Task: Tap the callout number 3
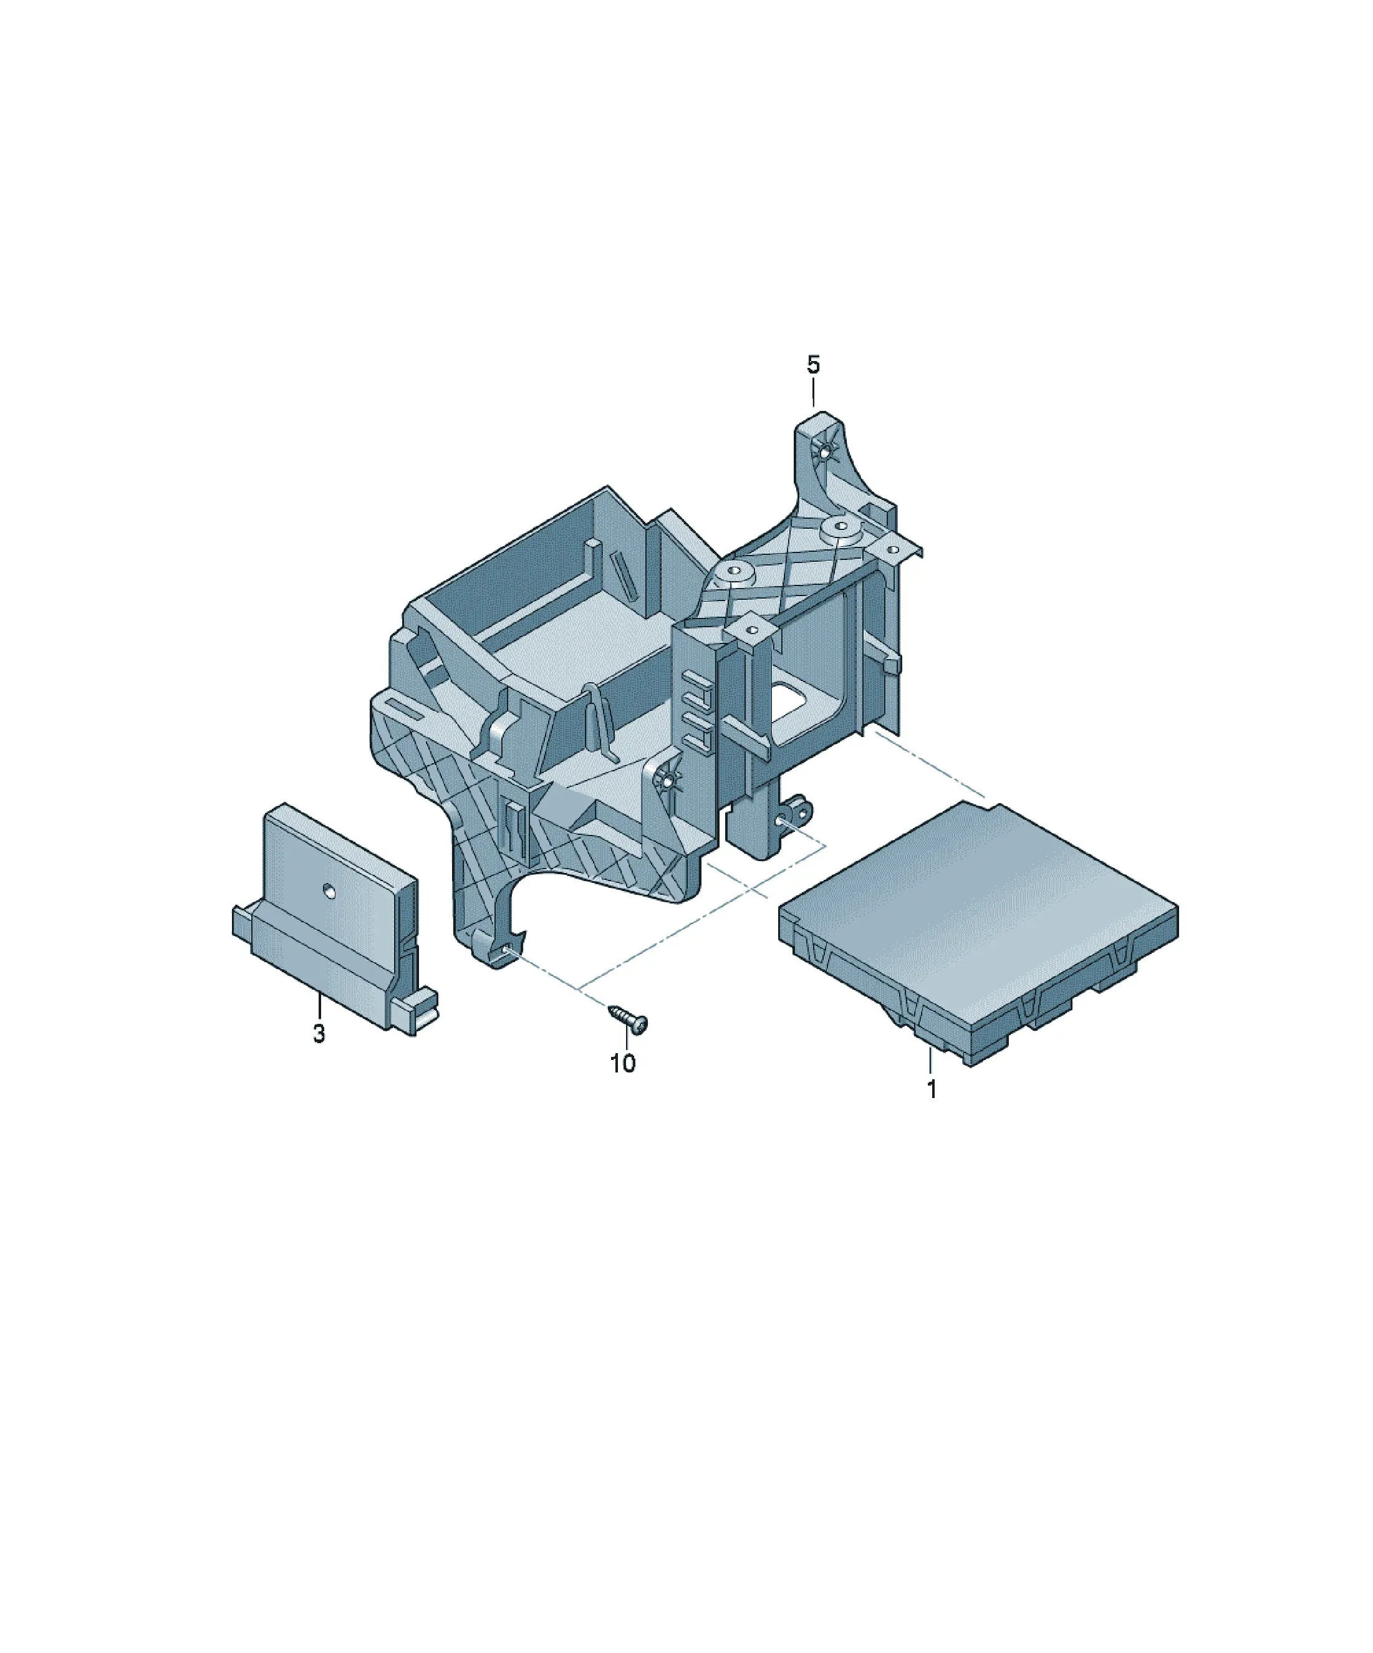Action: (x=318, y=1034)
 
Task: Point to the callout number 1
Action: (x=932, y=1089)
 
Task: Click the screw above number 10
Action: (x=629, y=1017)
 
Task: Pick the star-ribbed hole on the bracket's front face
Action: (x=666, y=782)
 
